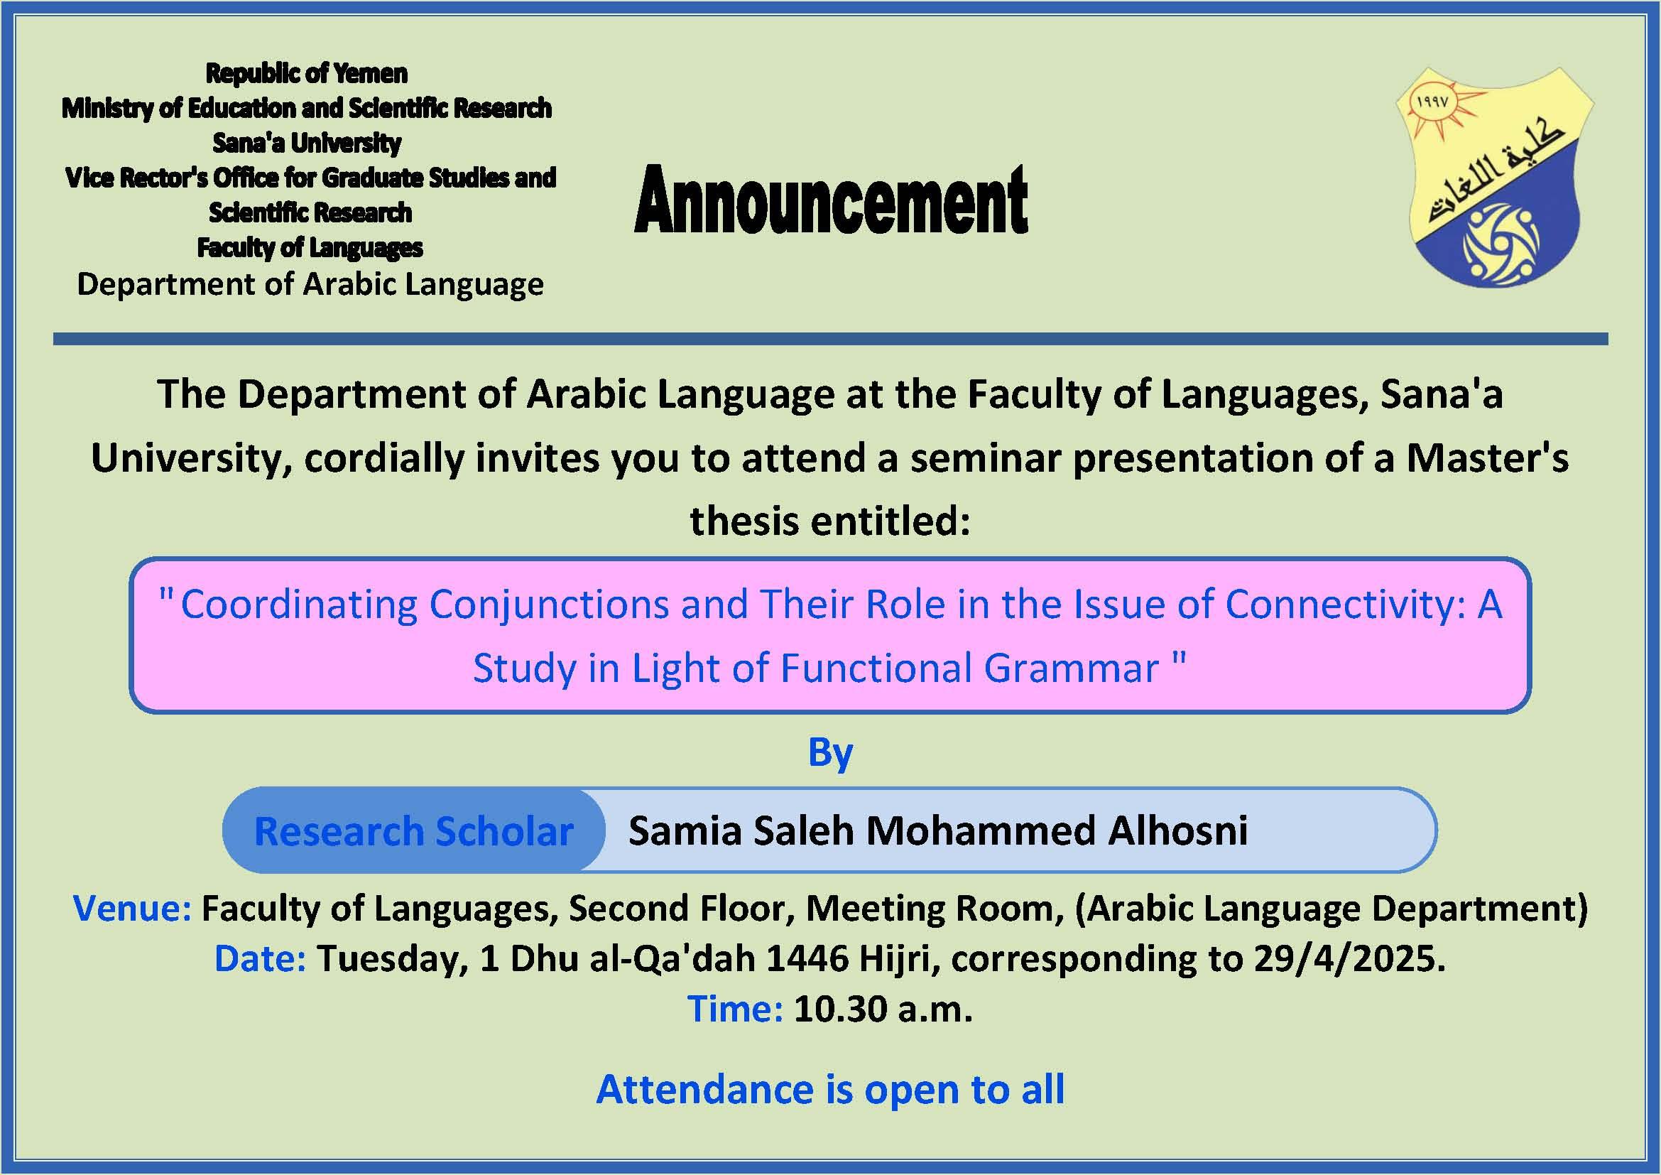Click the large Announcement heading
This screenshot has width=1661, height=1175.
click(832, 200)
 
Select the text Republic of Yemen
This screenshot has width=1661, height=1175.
click(307, 73)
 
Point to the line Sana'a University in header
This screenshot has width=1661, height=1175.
click(307, 144)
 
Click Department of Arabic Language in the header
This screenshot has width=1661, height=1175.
click(310, 283)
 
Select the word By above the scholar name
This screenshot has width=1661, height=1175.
click(831, 753)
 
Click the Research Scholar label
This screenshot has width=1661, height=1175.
click(414, 830)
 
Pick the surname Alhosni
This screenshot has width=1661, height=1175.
click(1177, 830)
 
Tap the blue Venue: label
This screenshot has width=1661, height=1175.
click(132, 908)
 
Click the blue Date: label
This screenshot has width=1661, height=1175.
click(261, 958)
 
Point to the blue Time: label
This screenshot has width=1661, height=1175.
click(735, 1009)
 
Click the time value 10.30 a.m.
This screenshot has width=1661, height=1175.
click(883, 1009)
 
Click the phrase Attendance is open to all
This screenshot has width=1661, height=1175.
click(831, 1089)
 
